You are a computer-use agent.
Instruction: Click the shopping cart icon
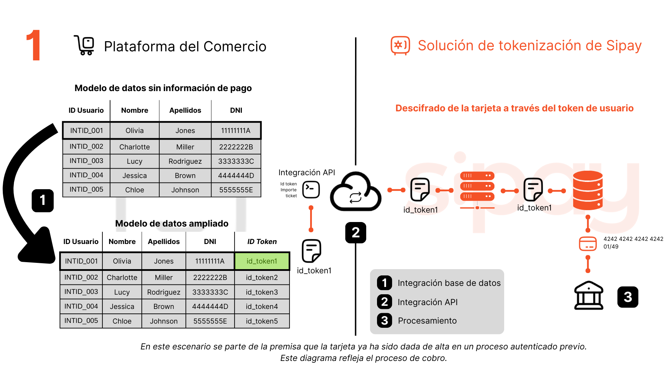84,45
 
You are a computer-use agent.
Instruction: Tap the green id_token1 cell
262,261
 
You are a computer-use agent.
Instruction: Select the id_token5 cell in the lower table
262,321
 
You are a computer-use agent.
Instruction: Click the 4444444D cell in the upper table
236,176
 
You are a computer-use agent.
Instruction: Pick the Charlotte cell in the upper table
134,147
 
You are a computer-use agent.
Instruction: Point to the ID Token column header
262,242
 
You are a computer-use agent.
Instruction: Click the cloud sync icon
355,192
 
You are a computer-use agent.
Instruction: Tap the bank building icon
589,296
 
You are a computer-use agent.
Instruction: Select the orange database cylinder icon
588,190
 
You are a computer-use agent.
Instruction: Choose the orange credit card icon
588,244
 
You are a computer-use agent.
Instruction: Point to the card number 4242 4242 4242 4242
633,239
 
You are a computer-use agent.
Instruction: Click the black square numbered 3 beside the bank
628,297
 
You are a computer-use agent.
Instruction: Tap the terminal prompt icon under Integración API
311,190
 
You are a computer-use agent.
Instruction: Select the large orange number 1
34,45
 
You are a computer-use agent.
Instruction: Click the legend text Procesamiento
427,320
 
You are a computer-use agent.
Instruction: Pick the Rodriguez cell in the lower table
163,292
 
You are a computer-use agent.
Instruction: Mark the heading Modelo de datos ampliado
172,223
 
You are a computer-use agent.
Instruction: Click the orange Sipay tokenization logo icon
400,45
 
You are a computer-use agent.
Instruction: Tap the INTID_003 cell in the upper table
86,161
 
